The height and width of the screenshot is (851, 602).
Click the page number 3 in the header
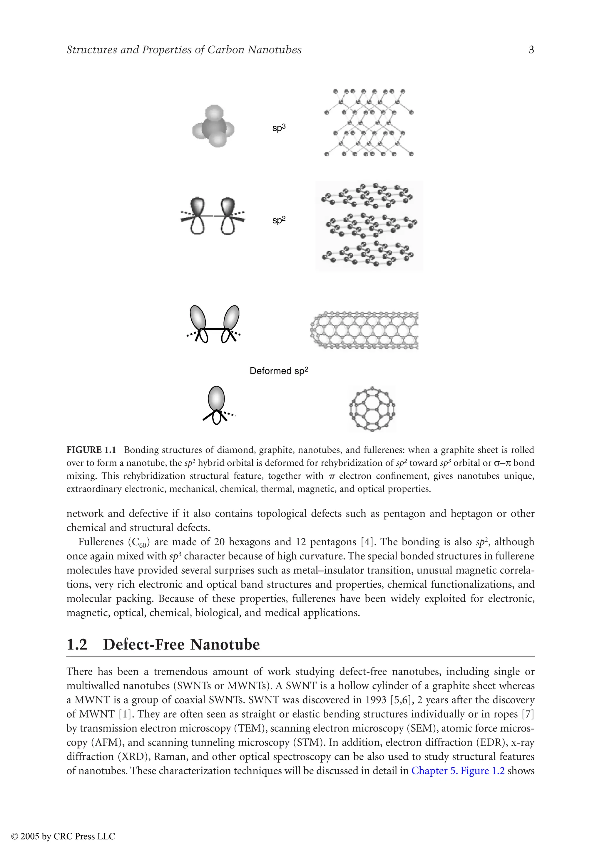[x=531, y=50]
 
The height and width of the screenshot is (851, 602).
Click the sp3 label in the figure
[x=279, y=128]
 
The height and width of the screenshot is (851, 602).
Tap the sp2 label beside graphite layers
[x=279, y=220]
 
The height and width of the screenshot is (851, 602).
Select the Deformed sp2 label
[x=279, y=371]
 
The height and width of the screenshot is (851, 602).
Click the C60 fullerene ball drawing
[x=372, y=409]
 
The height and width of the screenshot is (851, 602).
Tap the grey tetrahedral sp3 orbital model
[x=213, y=126]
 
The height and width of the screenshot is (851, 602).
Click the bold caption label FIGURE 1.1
[x=91, y=450]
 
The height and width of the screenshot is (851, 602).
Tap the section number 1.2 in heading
[x=77, y=645]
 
